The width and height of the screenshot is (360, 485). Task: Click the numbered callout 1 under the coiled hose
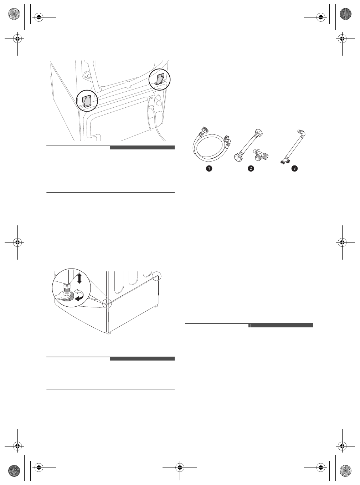point(209,169)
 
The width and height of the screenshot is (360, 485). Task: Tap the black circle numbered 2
point(251,169)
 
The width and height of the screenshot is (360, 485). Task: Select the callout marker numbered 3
point(294,169)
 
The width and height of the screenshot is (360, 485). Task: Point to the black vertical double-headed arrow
point(79,278)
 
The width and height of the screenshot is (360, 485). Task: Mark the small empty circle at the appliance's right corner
point(156,276)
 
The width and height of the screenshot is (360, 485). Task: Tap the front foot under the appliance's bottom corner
point(108,333)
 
